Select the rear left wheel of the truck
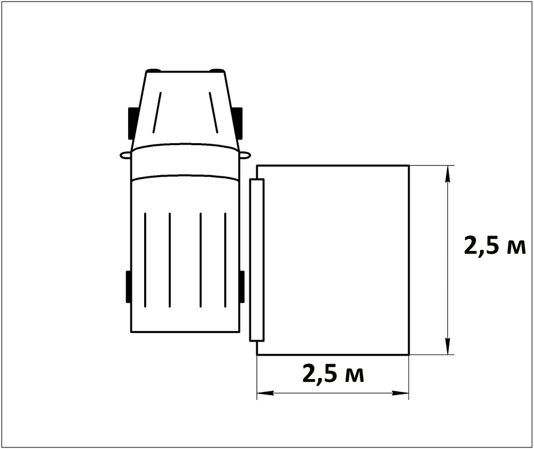pyautogui.click(x=129, y=287)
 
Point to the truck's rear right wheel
pyautogui.click(x=241, y=287)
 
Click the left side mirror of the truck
pyautogui.click(x=125, y=155)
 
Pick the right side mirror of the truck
pyautogui.click(x=245, y=155)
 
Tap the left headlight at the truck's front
pyautogui.click(x=154, y=70)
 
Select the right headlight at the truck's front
pyautogui.click(x=216, y=70)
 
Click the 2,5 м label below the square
pyautogui.click(x=333, y=374)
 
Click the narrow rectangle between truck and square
pyautogui.click(x=257, y=260)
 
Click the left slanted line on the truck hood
pyautogui.click(x=156, y=113)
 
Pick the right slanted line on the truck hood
pyautogui.click(x=214, y=113)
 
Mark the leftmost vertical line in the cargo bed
pyautogui.click(x=145, y=260)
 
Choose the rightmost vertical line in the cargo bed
pyautogui.click(x=225, y=260)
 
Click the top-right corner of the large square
pyautogui.click(x=409, y=166)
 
